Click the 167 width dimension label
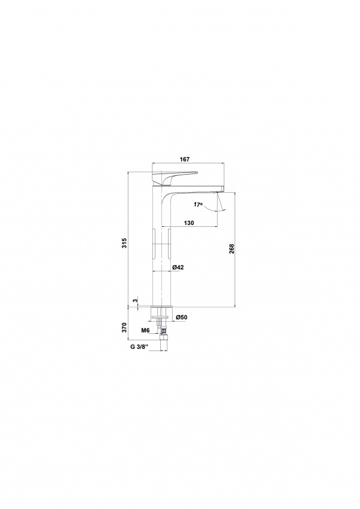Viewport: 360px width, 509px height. pos(184,159)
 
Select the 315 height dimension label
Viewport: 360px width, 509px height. pos(125,243)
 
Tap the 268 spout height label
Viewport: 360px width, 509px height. pos(232,249)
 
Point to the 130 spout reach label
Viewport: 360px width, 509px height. pos(188,223)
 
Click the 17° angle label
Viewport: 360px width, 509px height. pos(197,205)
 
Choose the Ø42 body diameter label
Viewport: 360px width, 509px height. pos(178,267)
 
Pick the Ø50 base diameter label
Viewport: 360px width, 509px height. pos(181,317)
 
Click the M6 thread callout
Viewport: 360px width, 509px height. pos(145,331)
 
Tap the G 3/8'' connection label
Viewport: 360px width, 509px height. pos(139,346)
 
